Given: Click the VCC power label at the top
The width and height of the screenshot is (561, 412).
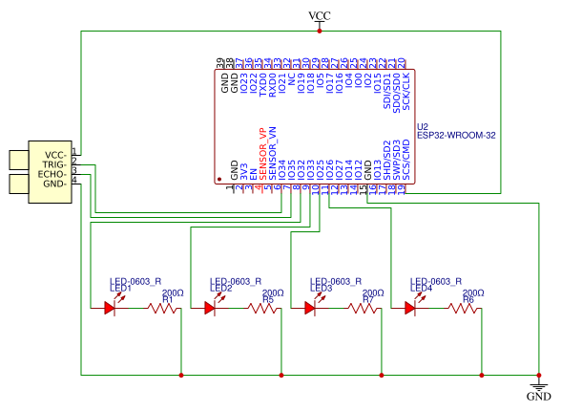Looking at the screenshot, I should pos(321,16).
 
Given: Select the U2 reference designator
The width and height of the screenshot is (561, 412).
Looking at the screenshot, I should pos(424,125).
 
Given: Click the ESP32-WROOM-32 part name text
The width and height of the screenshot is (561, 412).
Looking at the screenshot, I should pos(456,136).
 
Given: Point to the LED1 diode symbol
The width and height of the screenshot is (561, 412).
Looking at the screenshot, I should pos(110,308).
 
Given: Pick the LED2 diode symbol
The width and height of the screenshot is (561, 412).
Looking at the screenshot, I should pos(210,308).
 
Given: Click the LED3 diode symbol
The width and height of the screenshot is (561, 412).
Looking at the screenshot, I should pos(310,308).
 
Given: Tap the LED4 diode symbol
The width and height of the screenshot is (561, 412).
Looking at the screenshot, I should pos(410,308).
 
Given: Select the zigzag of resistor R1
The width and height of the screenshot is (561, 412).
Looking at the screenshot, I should pos(163,308).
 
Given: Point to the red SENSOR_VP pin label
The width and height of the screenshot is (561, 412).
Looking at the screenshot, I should pos(261,153).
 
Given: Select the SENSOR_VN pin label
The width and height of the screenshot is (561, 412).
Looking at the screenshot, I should pos(272,153).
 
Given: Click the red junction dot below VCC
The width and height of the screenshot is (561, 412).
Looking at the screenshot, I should pos(321,32).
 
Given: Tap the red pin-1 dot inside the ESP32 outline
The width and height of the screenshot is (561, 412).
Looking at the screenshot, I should pos(219,179).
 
